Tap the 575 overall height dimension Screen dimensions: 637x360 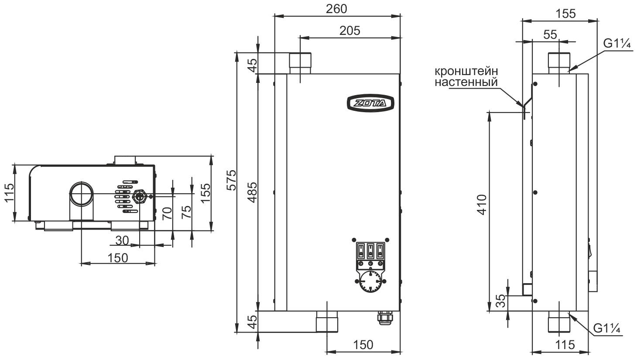(232, 180)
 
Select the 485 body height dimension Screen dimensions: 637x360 (252, 192)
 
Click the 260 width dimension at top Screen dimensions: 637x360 (336, 9)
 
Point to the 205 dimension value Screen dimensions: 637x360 (350, 31)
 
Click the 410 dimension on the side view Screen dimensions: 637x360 (482, 205)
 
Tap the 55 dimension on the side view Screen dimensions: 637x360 (550, 35)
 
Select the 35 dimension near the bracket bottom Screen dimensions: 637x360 (502, 301)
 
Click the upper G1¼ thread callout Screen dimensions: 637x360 (617, 44)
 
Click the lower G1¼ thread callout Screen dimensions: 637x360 (606, 329)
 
